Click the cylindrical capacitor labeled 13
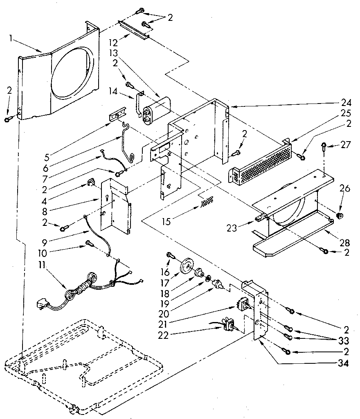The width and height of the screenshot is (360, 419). [x=156, y=108]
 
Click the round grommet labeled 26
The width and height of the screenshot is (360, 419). [x=339, y=215]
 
